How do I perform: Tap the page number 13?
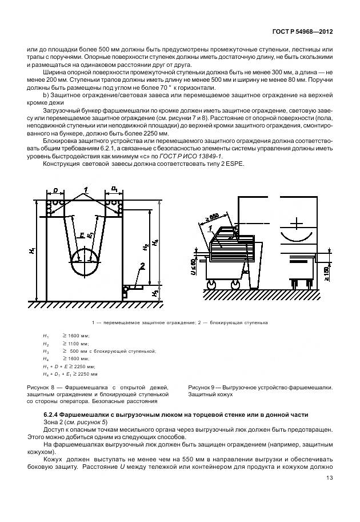pos(329,479)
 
